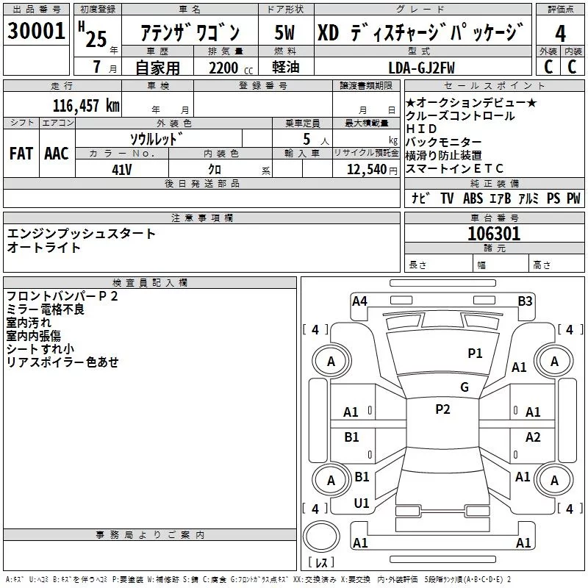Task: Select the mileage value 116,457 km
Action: point(86,105)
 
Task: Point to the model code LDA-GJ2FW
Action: point(422,68)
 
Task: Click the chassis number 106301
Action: point(494,234)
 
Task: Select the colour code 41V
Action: point(121,169)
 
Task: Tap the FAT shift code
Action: point(21,154)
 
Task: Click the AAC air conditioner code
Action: point(57,154)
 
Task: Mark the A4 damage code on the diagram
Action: point(359,301)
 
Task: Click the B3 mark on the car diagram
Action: point(525,301)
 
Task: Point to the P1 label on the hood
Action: point(476,354)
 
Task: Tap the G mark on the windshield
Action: point(465,387)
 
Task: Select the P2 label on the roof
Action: point(442,409)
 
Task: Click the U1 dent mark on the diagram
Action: point(362,503)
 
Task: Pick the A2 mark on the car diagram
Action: point(533,437)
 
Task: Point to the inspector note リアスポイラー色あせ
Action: point(62,362)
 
